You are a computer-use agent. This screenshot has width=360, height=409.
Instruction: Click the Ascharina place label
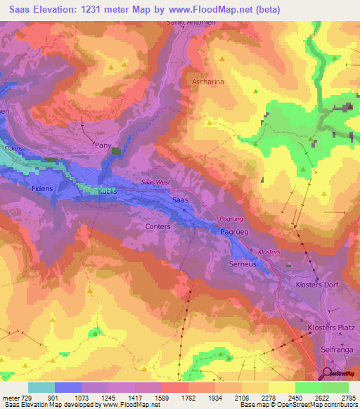208,82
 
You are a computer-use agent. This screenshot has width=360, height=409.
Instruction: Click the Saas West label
155,183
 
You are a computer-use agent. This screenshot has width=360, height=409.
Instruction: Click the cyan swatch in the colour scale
41,387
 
